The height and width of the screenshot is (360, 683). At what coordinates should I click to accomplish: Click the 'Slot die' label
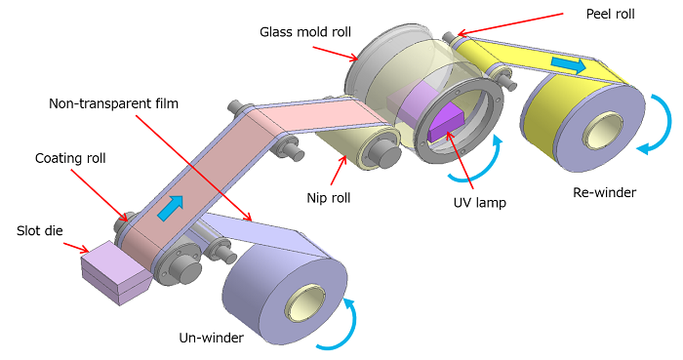39,230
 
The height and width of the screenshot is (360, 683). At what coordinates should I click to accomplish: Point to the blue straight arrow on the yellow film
568,65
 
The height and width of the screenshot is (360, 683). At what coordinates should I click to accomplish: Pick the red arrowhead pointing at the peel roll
450,37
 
